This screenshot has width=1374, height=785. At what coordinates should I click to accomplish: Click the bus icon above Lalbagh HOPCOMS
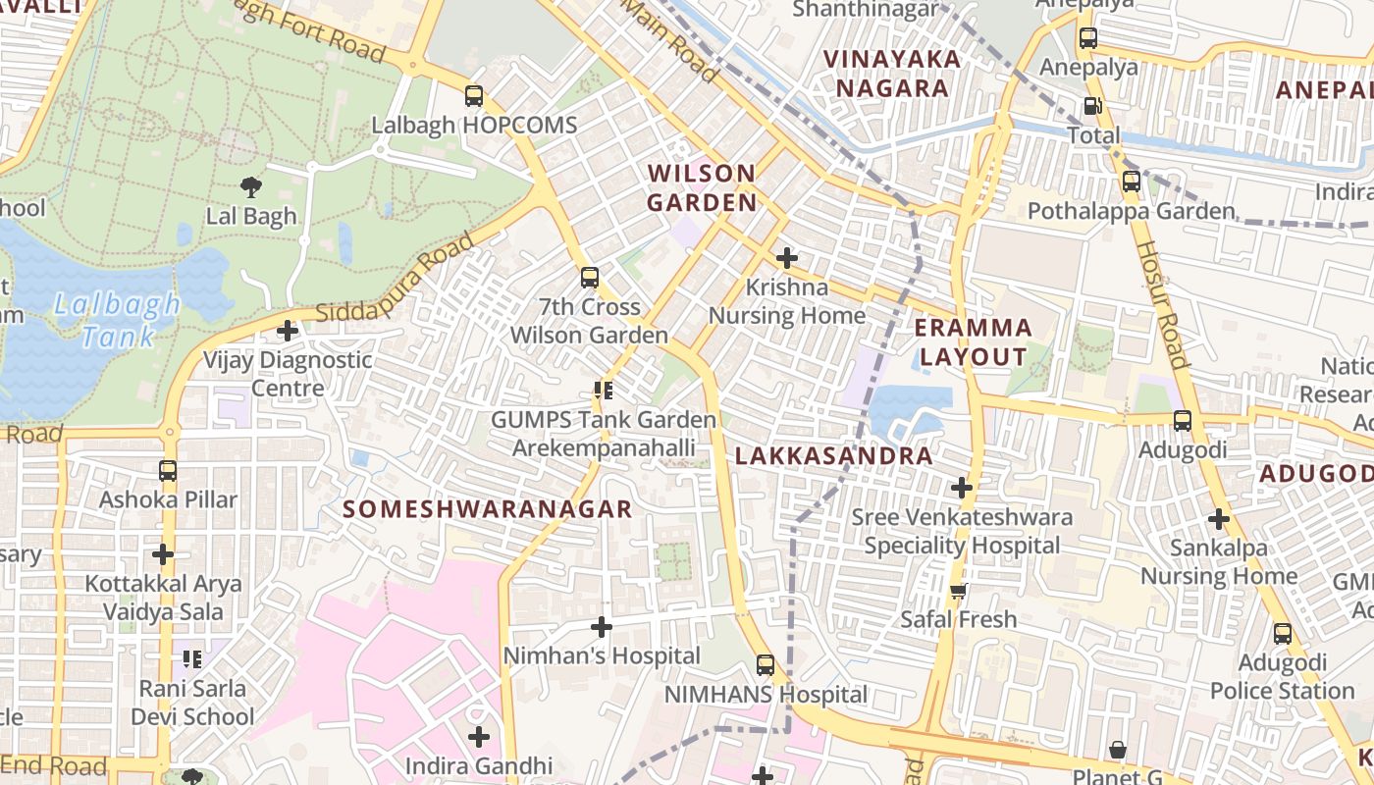pos(474,96)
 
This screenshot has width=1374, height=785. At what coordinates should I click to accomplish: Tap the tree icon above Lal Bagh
pos(251,186)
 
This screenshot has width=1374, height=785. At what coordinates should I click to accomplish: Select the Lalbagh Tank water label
pos(117,320)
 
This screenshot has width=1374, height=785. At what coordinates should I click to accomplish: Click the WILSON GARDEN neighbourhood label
pos(702,188)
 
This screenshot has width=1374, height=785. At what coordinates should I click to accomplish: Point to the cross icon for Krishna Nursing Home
pos(786,258)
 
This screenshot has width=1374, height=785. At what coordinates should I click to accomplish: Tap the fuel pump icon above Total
pos(1092,106)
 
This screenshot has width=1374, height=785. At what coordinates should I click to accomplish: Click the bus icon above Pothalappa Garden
pos(1131,182)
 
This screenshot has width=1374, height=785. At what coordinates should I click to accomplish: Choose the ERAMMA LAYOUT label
pos(974,342)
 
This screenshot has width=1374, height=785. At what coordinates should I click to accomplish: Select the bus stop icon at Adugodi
pos(1182,421)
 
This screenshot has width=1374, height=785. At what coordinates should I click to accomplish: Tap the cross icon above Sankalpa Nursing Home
pos(1219,518)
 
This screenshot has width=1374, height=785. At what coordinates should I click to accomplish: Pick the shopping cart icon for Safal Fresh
pos(959,590)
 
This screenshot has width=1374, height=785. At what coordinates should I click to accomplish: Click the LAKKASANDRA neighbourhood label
pos(833,456)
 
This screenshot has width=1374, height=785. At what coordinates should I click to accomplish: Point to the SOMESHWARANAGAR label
pos(488,509)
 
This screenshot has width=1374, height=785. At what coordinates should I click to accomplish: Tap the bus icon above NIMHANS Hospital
pos(766,665)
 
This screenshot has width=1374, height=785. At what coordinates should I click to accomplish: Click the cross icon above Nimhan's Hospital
pos(602,626)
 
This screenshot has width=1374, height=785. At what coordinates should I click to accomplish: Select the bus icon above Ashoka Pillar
pos(168,470)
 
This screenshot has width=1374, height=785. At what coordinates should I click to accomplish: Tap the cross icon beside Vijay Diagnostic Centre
pos(287,331)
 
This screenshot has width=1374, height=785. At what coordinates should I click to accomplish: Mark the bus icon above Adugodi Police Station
pos(1282,634)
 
